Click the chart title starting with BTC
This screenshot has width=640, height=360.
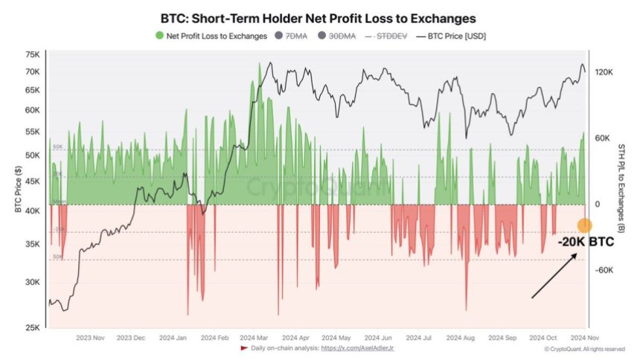[x=319, y=16]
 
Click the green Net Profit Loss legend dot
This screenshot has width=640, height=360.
[x=159, y=36]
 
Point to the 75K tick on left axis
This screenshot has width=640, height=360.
[x=32, y=55]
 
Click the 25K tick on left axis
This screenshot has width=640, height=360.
[x=32, y=328]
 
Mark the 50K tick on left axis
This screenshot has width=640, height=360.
[x=32, y=155]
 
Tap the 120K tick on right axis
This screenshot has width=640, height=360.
[x=604, y=72]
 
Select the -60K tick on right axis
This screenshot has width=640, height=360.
[x=604, y=271]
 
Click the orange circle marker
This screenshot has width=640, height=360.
[x=584, y=225]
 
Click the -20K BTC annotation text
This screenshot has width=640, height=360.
[x=586, y=243]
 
